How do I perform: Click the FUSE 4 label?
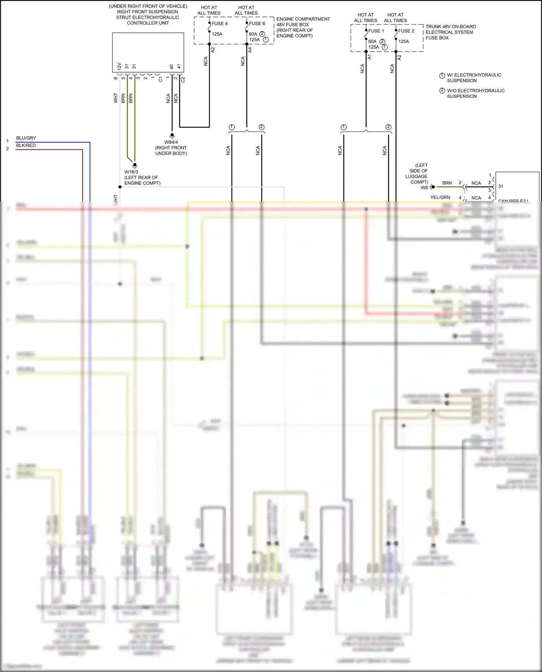click(219, 23)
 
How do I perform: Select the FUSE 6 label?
click(257, 23)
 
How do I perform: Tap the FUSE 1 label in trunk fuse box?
click(376, 31)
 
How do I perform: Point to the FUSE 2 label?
click(406, 31)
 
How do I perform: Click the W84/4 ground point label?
click(171, 142)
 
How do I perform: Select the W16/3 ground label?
click(131, 172)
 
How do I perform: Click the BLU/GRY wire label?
click(26, 138)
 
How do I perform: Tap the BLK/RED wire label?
click(26, 146)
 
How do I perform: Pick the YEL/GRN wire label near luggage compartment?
click(440, 198)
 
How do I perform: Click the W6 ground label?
click(424, 187)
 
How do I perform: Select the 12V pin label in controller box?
click(119, 66)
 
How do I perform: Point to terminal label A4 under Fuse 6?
click(250, 50)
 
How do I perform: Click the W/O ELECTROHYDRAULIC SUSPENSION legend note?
click(476, 94)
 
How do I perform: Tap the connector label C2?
click(183, 79)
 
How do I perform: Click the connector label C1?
click(160, 79)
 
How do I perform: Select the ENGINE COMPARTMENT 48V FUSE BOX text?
click(303, 22)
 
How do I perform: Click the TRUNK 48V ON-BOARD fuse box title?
click(450, 27)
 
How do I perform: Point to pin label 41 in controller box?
click(179, 67)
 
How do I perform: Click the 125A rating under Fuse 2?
click(404, 42)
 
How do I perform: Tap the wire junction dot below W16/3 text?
click(120, 187)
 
